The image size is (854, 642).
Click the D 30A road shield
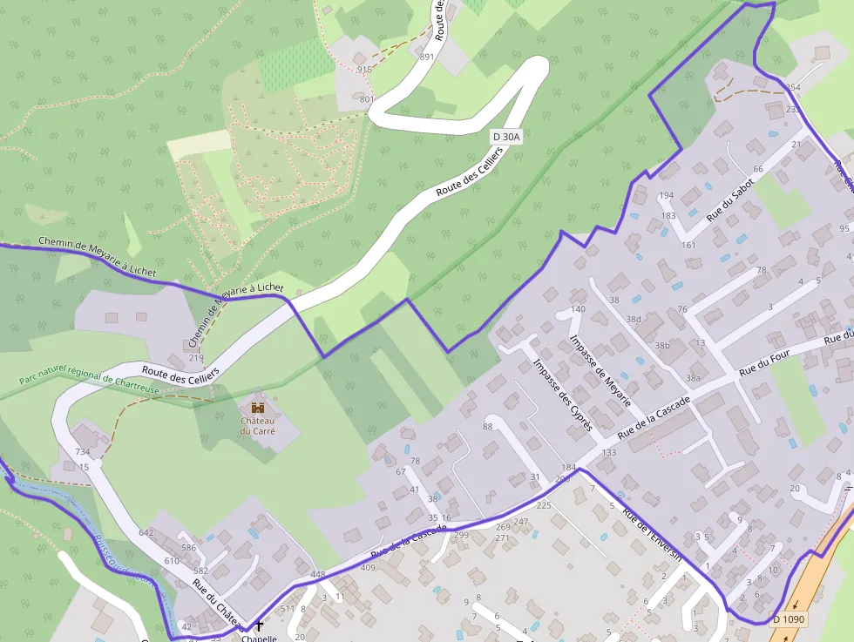pyautogui.click(x=505, y=137)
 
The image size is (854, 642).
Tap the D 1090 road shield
pyautogui.click(x=790, y=619)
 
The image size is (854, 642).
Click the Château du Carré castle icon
pyautogui.click(x=258, y=407)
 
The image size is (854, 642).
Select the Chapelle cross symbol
pyautogui.click(x=259, y=625)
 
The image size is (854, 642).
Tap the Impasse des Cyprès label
pyautogui.click(x=563, y=395)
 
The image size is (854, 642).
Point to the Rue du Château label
pyautogui.click(x=217, y=603)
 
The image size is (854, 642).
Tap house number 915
pyautogui.click(x=364, y=70)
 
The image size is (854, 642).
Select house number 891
pyautogui.click(x=426, y=57)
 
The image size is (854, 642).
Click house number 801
pyautogui.click(x=366, y=99)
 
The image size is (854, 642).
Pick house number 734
pyautogui.click(x=83, y=452)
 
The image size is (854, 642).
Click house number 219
pyautogui.click(x=195, y=358)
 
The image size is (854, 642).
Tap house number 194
pyautogui.click(x=667, y=195)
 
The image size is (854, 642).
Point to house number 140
pyautogui.click(x=578, y=309)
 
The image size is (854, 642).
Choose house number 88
pyautogui.click(x=487, y=426)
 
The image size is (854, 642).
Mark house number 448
pyautogui.click(x=317, y=575)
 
